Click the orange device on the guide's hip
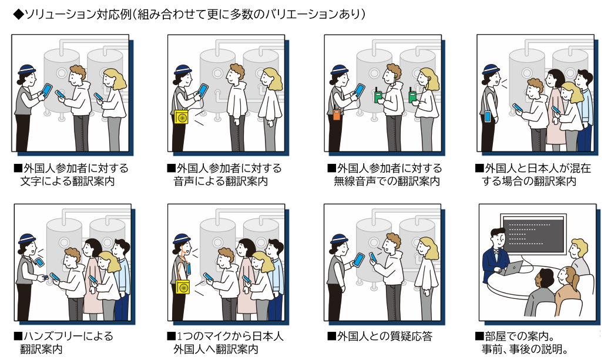(x=336, y=115)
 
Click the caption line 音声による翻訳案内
(x=220, y=181)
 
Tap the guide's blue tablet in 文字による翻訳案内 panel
(x=46, y=90)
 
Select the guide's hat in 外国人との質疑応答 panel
(x=338, y=239)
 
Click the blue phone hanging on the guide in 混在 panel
(x=488, y=116)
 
